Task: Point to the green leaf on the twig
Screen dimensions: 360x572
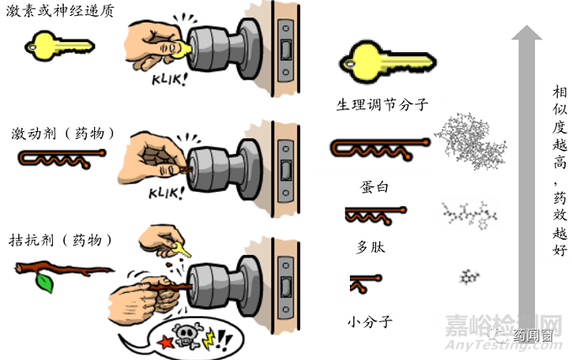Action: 44,283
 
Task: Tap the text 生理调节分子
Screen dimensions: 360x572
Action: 382,105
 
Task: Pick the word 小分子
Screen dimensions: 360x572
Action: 371,320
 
